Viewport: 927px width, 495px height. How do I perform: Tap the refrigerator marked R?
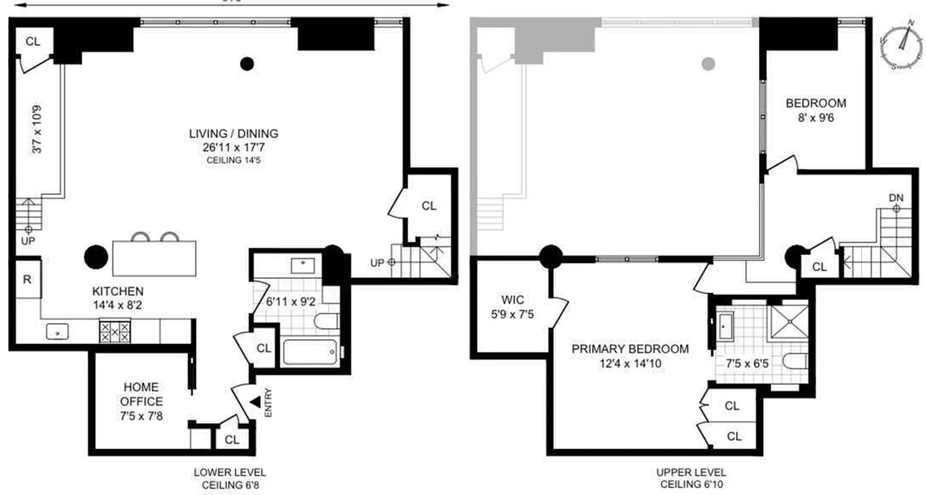coord(28,279)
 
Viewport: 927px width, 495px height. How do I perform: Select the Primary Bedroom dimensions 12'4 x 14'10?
coord(630,364)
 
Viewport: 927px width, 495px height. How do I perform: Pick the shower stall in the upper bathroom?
coord(788,321)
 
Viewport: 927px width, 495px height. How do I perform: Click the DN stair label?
coord(895,197)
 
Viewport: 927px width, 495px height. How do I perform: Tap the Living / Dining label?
coord(234,134)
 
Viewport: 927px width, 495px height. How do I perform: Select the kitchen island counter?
coord(154,258)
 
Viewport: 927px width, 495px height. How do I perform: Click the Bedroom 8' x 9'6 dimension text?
coord(815,116)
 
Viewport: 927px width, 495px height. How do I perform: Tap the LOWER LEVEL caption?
coord(230,472)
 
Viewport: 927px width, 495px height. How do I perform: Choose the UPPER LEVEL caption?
coord(691,472)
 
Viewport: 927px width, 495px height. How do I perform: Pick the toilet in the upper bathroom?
coord(795,361)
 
